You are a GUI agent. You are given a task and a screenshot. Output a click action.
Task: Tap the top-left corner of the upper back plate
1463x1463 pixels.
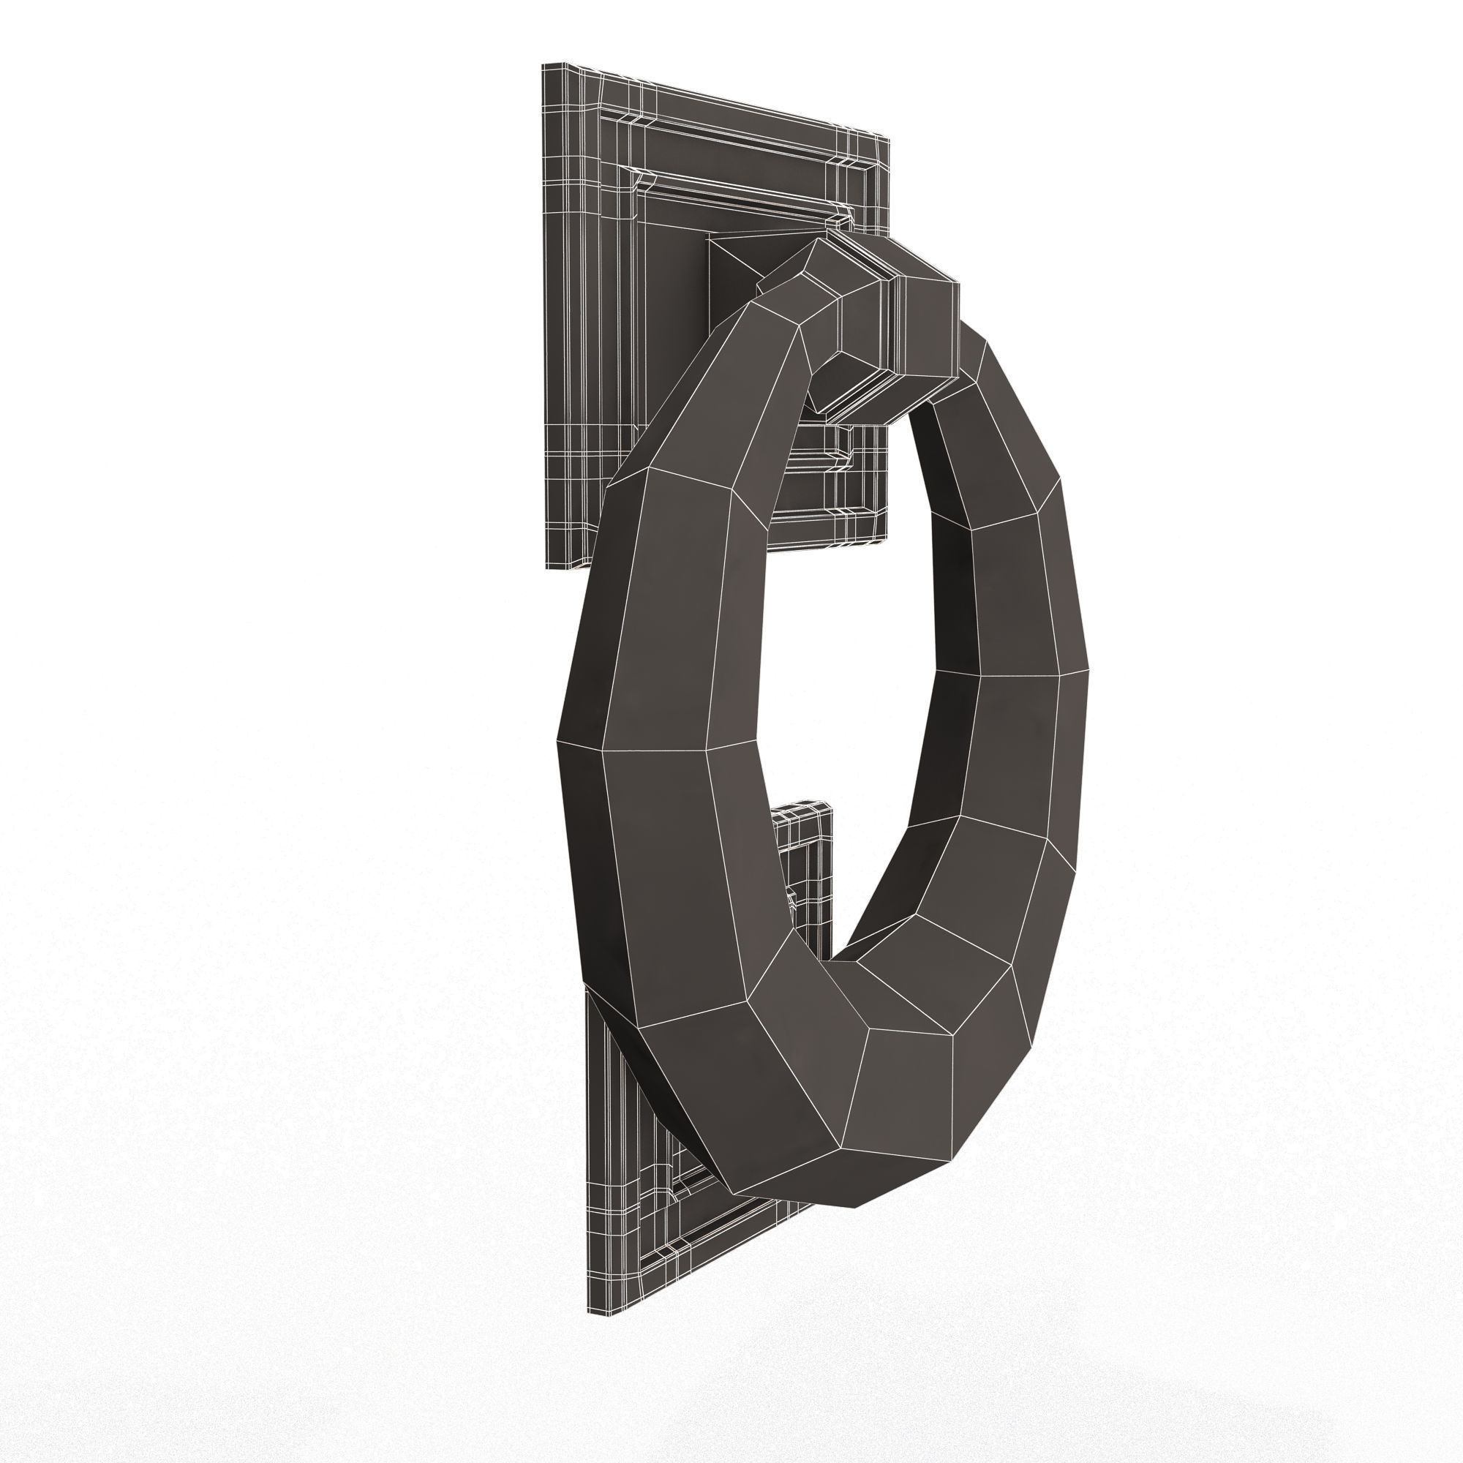coord(543,64)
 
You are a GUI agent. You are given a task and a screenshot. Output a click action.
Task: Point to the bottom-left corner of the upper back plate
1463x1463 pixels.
coord(546,568)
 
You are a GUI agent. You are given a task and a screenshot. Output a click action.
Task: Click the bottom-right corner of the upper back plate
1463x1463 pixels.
coord(886,542)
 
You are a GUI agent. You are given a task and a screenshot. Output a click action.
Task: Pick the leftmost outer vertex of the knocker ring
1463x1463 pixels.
coord(557,740)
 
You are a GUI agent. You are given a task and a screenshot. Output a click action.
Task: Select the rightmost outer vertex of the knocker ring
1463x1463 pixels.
coord(1089,669)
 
